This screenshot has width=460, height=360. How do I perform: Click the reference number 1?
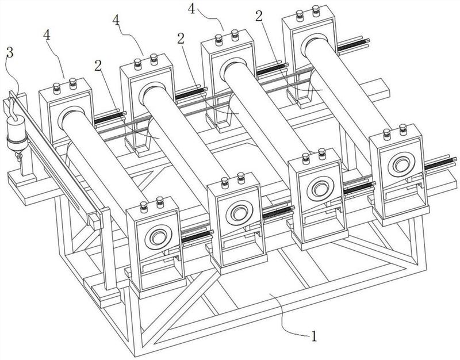314,336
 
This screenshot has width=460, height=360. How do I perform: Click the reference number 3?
10,53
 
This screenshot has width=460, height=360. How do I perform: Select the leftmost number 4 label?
47,35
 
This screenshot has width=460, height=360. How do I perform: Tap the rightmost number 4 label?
191,9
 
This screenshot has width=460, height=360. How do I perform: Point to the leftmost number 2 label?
98,66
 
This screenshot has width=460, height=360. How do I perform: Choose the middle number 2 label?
181,38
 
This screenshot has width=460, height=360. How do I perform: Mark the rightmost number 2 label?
259,16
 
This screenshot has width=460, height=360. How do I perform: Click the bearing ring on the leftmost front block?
159,237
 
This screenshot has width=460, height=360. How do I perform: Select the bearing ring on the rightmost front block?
401,164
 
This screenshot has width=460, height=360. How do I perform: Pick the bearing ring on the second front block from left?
239,212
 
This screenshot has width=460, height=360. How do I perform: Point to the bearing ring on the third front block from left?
321,189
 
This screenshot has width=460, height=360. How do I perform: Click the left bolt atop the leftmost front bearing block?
144,208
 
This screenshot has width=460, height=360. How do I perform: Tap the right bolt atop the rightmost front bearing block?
403,130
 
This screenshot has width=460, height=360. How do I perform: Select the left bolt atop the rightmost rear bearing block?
300,16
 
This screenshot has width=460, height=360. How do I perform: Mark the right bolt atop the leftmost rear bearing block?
73,84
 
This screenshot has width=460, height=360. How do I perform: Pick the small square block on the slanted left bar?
95,221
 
